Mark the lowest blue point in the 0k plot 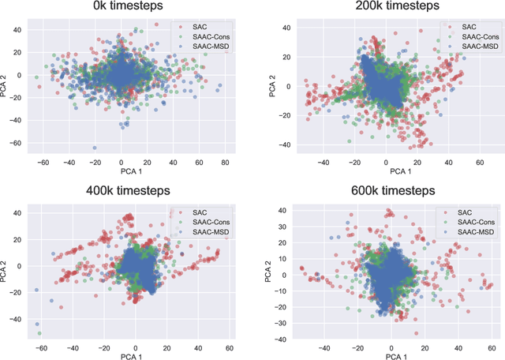[x=94, y=148]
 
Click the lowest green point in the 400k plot [x=39, y=332]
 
